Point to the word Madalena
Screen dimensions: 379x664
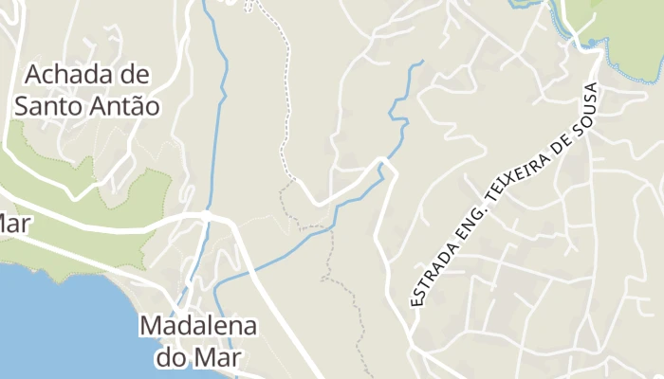click(198, 327)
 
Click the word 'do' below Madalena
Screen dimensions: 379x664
click(172, 358)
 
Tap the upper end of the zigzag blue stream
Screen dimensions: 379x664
click(420, 63)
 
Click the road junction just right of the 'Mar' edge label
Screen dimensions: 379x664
click(206, 216)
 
